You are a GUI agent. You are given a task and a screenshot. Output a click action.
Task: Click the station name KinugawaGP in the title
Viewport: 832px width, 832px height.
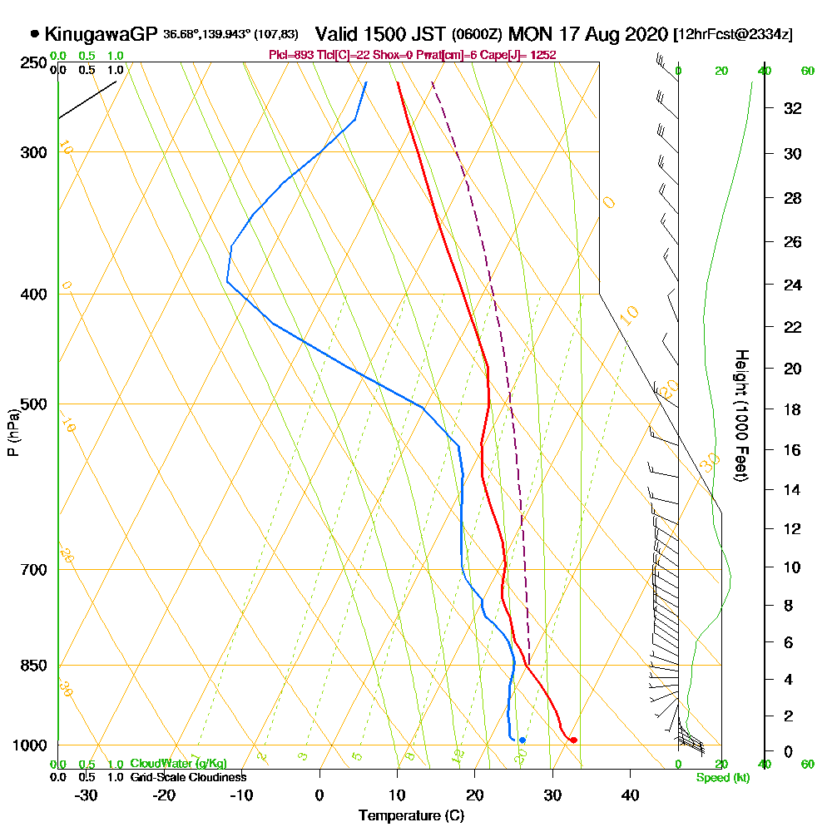pos(100,35)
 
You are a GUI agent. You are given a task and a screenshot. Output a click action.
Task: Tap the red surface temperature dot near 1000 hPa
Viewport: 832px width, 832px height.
pos(573,740)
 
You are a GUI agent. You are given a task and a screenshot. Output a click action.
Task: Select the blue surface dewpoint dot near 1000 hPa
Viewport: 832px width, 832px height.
pos(522,740)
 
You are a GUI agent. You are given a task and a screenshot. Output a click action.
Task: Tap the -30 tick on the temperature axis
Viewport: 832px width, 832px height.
pos(87,795)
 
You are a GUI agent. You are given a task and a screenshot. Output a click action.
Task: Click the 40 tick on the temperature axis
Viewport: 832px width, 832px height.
pos(631,795)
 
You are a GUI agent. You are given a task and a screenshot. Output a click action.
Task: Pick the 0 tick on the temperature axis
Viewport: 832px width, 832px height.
pos(319,795)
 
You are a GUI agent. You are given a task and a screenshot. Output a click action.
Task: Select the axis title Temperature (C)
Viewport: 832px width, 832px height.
pos(411,815)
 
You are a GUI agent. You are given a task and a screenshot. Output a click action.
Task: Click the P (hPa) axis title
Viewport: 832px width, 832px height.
pos(12,433)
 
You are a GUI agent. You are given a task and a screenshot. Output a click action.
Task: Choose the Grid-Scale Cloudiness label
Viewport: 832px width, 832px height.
pos(188,777)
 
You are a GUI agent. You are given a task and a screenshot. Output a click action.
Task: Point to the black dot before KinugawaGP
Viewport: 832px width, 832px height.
pos(34,35)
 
